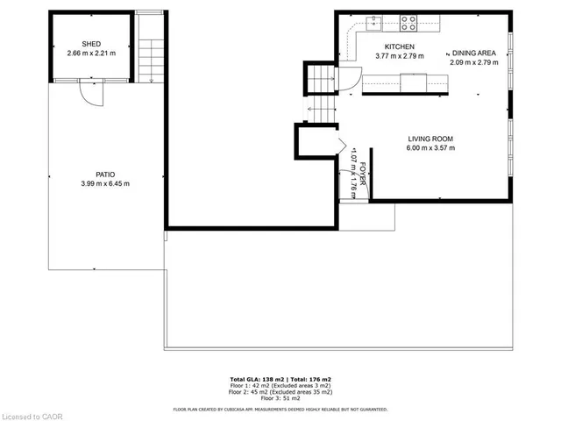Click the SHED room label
click(x=91, y=44)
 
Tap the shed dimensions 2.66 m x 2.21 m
click(x=91, y=54)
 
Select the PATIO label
click(x=105, y=174)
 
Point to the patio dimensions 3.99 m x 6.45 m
click(x=105, y=183)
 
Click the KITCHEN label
click(x=399, y=46)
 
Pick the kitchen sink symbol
click(x=374, y=19)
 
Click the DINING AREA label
click(x=474, y=54)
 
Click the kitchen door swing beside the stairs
click(x=349, y=78)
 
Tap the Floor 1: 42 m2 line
click(x=280, y=385)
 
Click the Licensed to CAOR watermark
click(x=31, y=412)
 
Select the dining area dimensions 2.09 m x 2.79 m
click(x=474, y=63)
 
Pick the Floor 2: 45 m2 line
click(x=280, y=391)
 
